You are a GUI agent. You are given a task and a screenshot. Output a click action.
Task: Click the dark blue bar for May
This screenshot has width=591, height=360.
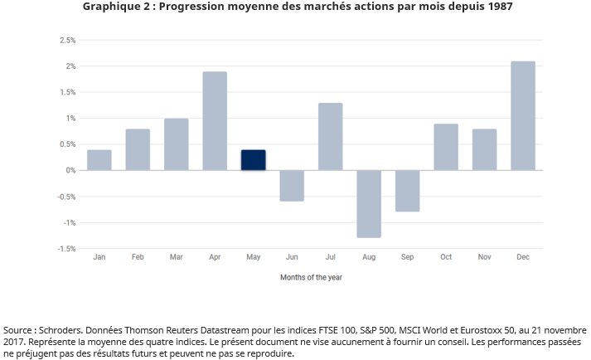[254, 160]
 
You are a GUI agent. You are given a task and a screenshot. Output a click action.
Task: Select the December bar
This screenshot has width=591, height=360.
[523, 116]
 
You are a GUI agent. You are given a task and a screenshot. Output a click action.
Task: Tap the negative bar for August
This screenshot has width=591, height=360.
[369, 203]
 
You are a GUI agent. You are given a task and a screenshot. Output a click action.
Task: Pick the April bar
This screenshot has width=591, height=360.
[215, 121]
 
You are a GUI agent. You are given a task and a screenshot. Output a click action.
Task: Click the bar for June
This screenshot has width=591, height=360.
[292, 185]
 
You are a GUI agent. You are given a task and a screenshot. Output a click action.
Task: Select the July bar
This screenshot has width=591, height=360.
[330, 137]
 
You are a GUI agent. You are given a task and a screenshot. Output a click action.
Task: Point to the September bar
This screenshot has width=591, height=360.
[408, 191]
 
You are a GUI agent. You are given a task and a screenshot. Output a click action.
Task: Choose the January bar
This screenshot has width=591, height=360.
[99, 160]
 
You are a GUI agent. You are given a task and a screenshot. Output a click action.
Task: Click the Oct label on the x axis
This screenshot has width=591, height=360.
[446, 258]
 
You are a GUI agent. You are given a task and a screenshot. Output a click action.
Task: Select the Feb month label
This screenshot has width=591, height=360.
[138, 258]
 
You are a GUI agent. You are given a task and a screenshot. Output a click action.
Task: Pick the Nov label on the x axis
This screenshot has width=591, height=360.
[484, 258]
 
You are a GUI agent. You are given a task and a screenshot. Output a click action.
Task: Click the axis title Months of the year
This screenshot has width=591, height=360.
[311, 277]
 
